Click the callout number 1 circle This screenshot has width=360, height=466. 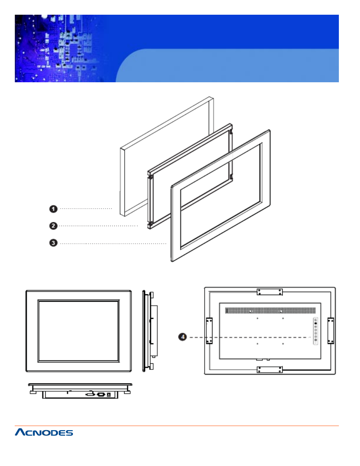[53, 209]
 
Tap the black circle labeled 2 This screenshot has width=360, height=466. [53, 226]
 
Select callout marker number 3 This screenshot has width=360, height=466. [53, 243]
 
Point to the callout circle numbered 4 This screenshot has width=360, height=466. [183, 337]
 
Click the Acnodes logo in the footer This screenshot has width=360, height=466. [44, 432]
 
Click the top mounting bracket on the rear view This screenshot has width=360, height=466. [269, 292]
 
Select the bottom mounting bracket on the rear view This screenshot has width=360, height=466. [269, 369]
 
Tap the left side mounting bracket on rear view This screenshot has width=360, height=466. [209, 331]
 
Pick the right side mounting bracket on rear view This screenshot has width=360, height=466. [331, 331]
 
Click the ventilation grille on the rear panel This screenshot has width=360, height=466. [270, 311]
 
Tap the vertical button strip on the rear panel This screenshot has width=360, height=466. [315, 331]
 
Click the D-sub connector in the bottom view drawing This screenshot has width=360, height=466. [101, 394]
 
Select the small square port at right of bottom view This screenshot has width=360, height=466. [109, 394]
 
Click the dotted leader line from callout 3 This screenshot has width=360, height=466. [113, 244]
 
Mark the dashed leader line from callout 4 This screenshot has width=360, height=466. [249, 337]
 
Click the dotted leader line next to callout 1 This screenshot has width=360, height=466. [86, 208]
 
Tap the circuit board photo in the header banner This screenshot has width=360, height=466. [60, 48]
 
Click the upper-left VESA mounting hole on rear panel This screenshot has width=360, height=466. [257, 318]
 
